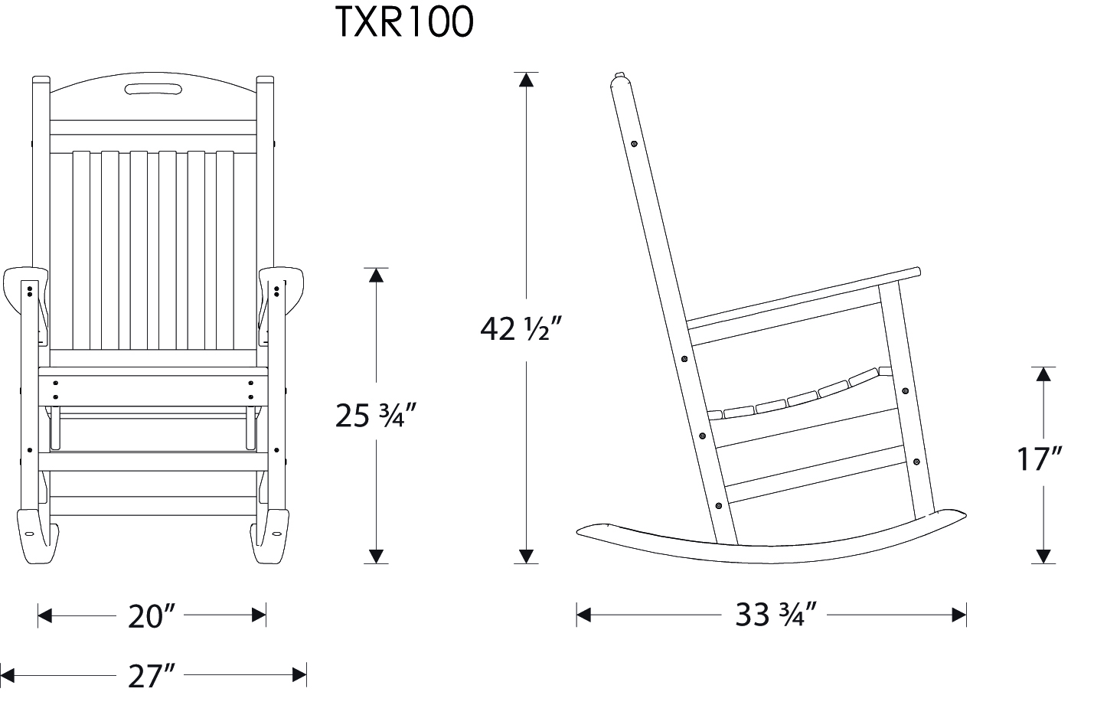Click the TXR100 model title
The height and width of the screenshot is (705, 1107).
(404, 23)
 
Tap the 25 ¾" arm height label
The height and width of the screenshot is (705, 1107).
(375, 416)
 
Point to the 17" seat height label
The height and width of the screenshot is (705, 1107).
(1040, 460)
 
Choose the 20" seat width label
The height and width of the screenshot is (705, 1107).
(152, 615)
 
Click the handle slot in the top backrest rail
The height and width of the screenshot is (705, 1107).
(153, 92)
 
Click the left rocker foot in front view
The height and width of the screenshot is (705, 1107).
(37, 536)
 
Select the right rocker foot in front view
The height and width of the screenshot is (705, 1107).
(270, 536)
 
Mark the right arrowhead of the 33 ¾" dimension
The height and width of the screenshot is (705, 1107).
(959, 615)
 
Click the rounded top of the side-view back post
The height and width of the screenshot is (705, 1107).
(620, 79)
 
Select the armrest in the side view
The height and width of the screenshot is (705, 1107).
(804, 295)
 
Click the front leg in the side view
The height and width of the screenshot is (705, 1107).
(907, 398)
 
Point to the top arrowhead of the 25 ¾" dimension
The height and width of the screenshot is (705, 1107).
(376, 275)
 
